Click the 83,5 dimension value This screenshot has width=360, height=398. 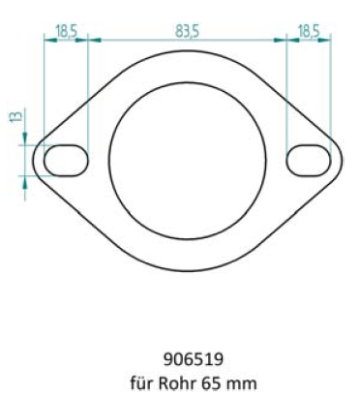tap(188, 31)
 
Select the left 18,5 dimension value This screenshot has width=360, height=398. tap(67, 31)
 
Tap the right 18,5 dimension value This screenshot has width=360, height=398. tap(310, 31)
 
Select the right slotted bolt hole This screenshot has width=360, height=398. tap(309, 159)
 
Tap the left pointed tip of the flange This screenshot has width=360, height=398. tap(32, 159)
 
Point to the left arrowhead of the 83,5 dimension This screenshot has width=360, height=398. tap(93, 41)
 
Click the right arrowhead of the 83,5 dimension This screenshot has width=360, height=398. tap(282, 41)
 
